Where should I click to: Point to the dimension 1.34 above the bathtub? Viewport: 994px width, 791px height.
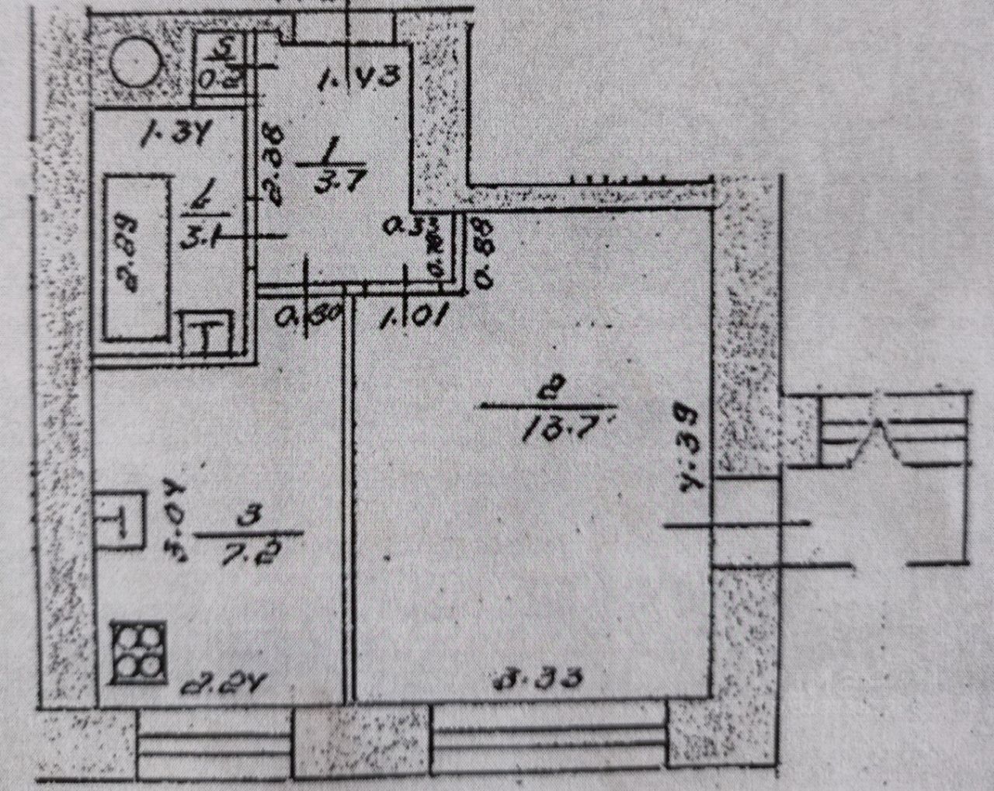172,138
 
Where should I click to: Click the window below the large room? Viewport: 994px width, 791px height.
547,745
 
